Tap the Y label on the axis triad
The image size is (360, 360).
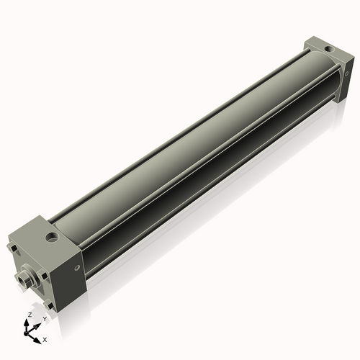pos(44,318)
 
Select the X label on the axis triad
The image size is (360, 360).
pos(45,338)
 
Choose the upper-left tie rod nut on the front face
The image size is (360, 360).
pos(12,249)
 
